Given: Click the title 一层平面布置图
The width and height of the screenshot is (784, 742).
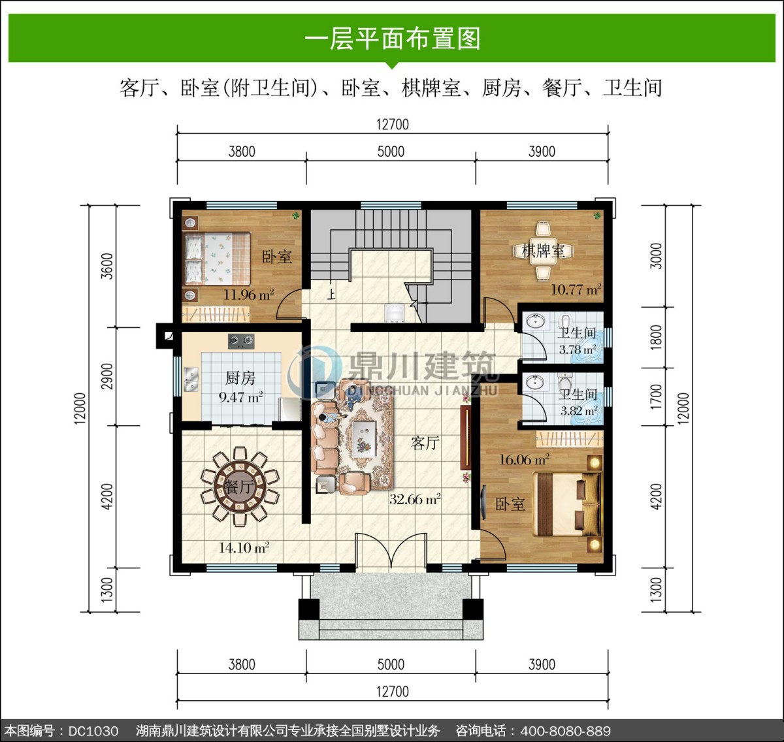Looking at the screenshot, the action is [393, 39].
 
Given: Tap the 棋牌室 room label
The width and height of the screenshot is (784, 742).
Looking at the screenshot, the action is [543, 251].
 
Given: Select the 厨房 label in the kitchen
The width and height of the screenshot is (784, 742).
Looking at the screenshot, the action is [240, 378].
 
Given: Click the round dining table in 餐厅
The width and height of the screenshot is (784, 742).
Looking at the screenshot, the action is [239, 486].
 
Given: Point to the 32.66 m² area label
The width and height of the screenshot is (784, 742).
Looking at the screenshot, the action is [415, 499].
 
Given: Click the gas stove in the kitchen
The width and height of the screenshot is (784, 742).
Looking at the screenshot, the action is [241, 342].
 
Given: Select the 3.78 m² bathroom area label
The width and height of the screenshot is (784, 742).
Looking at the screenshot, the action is [578, 349].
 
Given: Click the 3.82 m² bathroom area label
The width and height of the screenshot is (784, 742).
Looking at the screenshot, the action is [579, 411].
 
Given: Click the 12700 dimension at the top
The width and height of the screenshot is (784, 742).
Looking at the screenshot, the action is [393, 124].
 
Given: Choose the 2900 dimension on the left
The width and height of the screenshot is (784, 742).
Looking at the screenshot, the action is [108, 376].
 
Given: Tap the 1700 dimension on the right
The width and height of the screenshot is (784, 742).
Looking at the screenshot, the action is [656, 396].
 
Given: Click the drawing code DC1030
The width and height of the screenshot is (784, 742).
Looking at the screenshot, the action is [93, 731].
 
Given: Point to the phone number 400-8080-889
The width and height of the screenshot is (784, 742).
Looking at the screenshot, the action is [566, 731].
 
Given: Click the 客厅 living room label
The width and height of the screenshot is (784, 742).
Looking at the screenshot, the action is [425, 443].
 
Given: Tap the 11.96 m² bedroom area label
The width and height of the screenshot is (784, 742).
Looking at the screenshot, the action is [249, 295].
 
